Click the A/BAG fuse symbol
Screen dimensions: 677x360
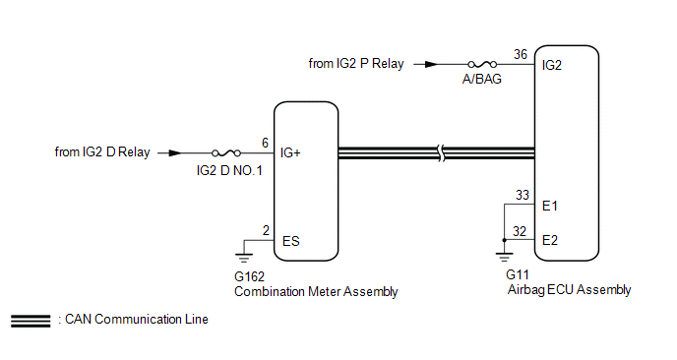[482, 64]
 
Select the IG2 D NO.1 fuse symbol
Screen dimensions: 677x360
[226, 152]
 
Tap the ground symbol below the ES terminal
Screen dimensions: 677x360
[244, 258]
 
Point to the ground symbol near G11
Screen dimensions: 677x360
[504, 257]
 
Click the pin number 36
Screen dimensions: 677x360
[521, 54]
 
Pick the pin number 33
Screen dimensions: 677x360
[522, 195]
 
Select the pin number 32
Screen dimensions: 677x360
[520, 231]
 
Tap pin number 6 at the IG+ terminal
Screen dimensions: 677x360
[265, 143]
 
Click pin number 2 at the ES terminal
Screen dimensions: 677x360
[266, 230]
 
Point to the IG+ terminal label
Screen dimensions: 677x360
[290, 152]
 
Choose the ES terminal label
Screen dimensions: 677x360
[290, 241]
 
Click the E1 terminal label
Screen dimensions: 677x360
[550, 206]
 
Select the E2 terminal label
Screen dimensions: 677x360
[550, 240]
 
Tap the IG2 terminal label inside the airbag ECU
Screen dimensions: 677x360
[552, 65]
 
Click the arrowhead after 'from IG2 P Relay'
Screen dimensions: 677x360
[431, 64]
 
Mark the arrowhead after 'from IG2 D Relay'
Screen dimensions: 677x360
[175, 152]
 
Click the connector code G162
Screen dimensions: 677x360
[249, 276]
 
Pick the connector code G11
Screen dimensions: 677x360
[518, 274]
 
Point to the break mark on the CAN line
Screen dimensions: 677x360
[441, 153]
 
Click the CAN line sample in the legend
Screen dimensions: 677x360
[31, 321]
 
